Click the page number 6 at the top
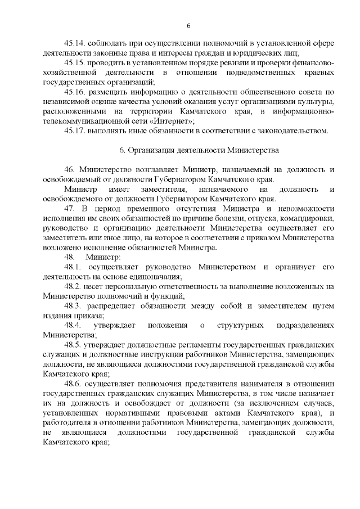(x=188, y=26)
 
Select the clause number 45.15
(x=77, y=62)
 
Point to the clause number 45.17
(x=77, y=131)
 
